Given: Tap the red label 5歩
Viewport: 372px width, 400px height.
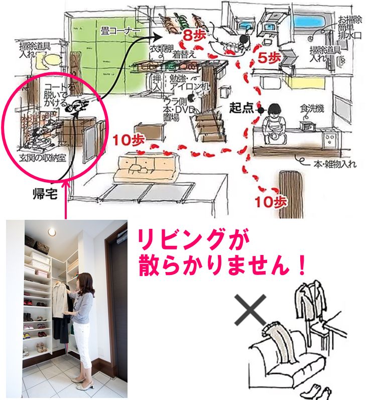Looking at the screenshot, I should (270, 58).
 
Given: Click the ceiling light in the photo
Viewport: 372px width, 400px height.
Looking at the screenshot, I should (52, 231).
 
